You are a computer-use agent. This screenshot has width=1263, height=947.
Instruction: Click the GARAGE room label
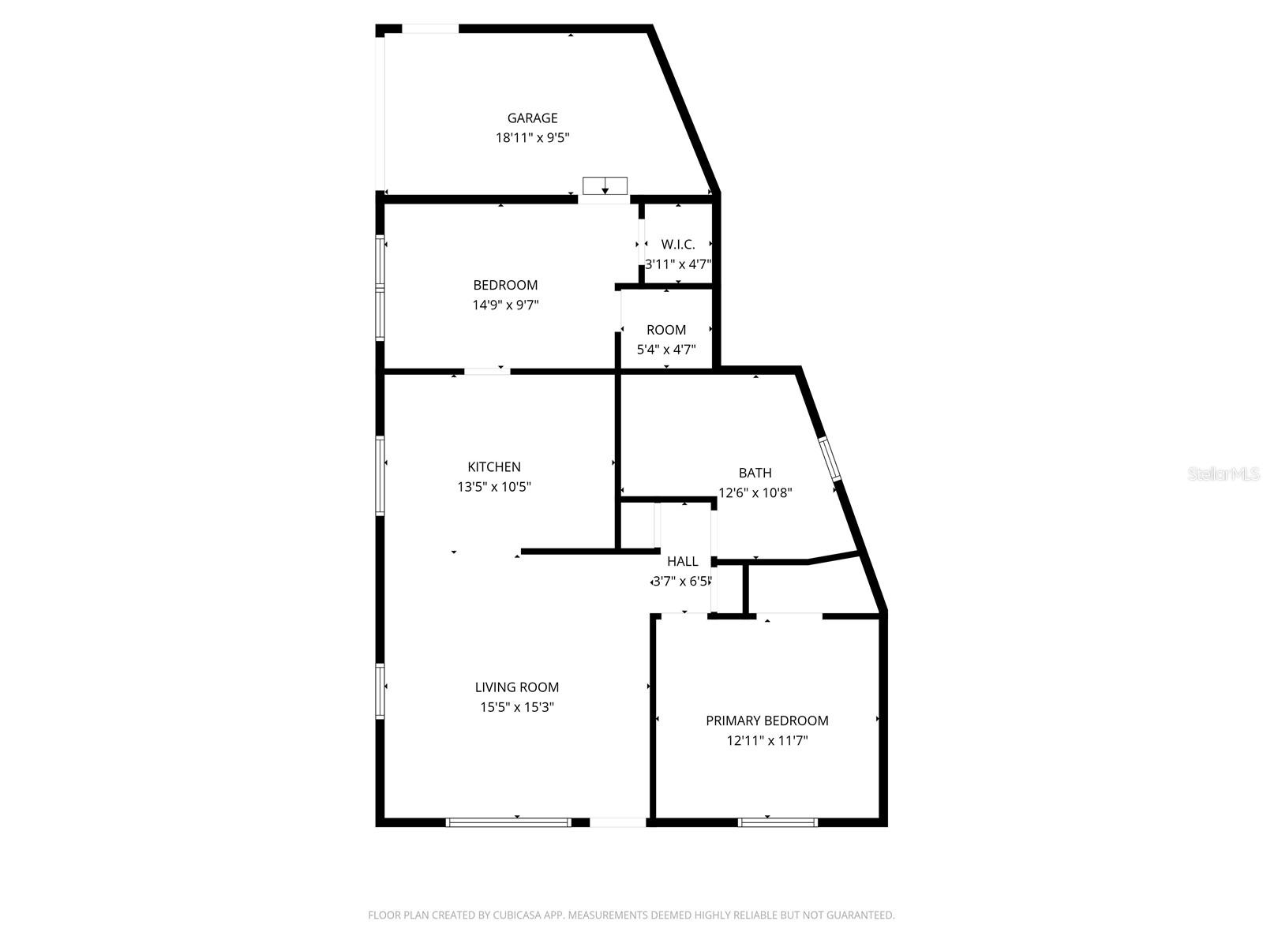coord(532,118)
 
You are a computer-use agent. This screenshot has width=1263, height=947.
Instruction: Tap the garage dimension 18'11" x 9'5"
coord(532,138)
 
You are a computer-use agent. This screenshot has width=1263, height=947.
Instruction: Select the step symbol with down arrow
coord(605,186)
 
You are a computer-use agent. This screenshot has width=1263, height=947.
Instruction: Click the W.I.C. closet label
coord(678,245)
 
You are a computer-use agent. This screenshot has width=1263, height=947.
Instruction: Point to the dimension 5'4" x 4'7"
coord(666,350)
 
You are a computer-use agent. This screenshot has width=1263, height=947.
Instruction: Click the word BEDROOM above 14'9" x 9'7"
coord(505,285)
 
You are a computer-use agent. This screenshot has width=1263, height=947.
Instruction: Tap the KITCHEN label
coord(494,467)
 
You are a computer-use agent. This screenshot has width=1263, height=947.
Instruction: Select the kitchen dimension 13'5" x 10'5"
coord(494,487)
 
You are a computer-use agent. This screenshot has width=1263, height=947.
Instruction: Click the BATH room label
coord(755,473)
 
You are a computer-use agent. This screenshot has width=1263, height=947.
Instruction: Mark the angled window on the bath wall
coord(830,459)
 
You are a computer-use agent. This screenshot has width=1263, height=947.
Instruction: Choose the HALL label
coord(682,561)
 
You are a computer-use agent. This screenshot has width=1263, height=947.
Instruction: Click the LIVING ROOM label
coord(517,687)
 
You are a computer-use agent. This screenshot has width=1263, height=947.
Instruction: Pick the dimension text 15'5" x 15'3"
coord(517,707)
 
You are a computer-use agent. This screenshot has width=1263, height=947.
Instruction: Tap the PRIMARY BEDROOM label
coord(766,721)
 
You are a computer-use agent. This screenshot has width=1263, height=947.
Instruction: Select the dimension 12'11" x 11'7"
coord(766,741)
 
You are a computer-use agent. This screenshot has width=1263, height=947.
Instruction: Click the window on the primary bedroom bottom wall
coord(778,822)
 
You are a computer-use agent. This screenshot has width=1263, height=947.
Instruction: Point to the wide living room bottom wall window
coord(508,822)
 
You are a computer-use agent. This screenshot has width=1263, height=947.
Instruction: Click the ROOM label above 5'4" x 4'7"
coord(666,330)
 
